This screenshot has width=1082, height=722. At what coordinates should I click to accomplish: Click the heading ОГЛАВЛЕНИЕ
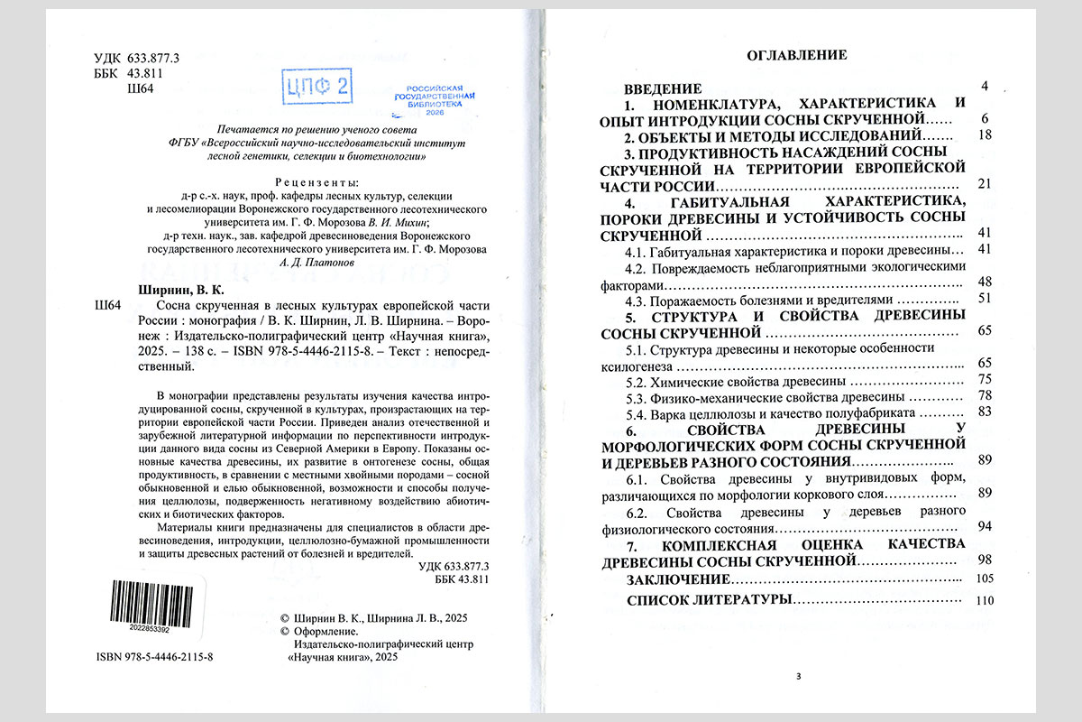(x=796, y=55)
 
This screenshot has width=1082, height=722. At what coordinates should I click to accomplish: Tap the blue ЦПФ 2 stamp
(x=317, y=88)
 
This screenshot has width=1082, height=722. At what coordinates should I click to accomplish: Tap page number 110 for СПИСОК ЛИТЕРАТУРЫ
(x=984, y=600)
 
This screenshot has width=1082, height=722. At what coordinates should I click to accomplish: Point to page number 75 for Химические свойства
(x=985, y=379)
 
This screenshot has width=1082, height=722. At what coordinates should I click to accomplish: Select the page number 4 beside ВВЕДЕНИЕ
(x=986, y=87)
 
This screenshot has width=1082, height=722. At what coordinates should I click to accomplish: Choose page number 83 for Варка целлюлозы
(x=985, y=412)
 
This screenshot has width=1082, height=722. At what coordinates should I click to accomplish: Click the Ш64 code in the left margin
(x=107, y=307)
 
